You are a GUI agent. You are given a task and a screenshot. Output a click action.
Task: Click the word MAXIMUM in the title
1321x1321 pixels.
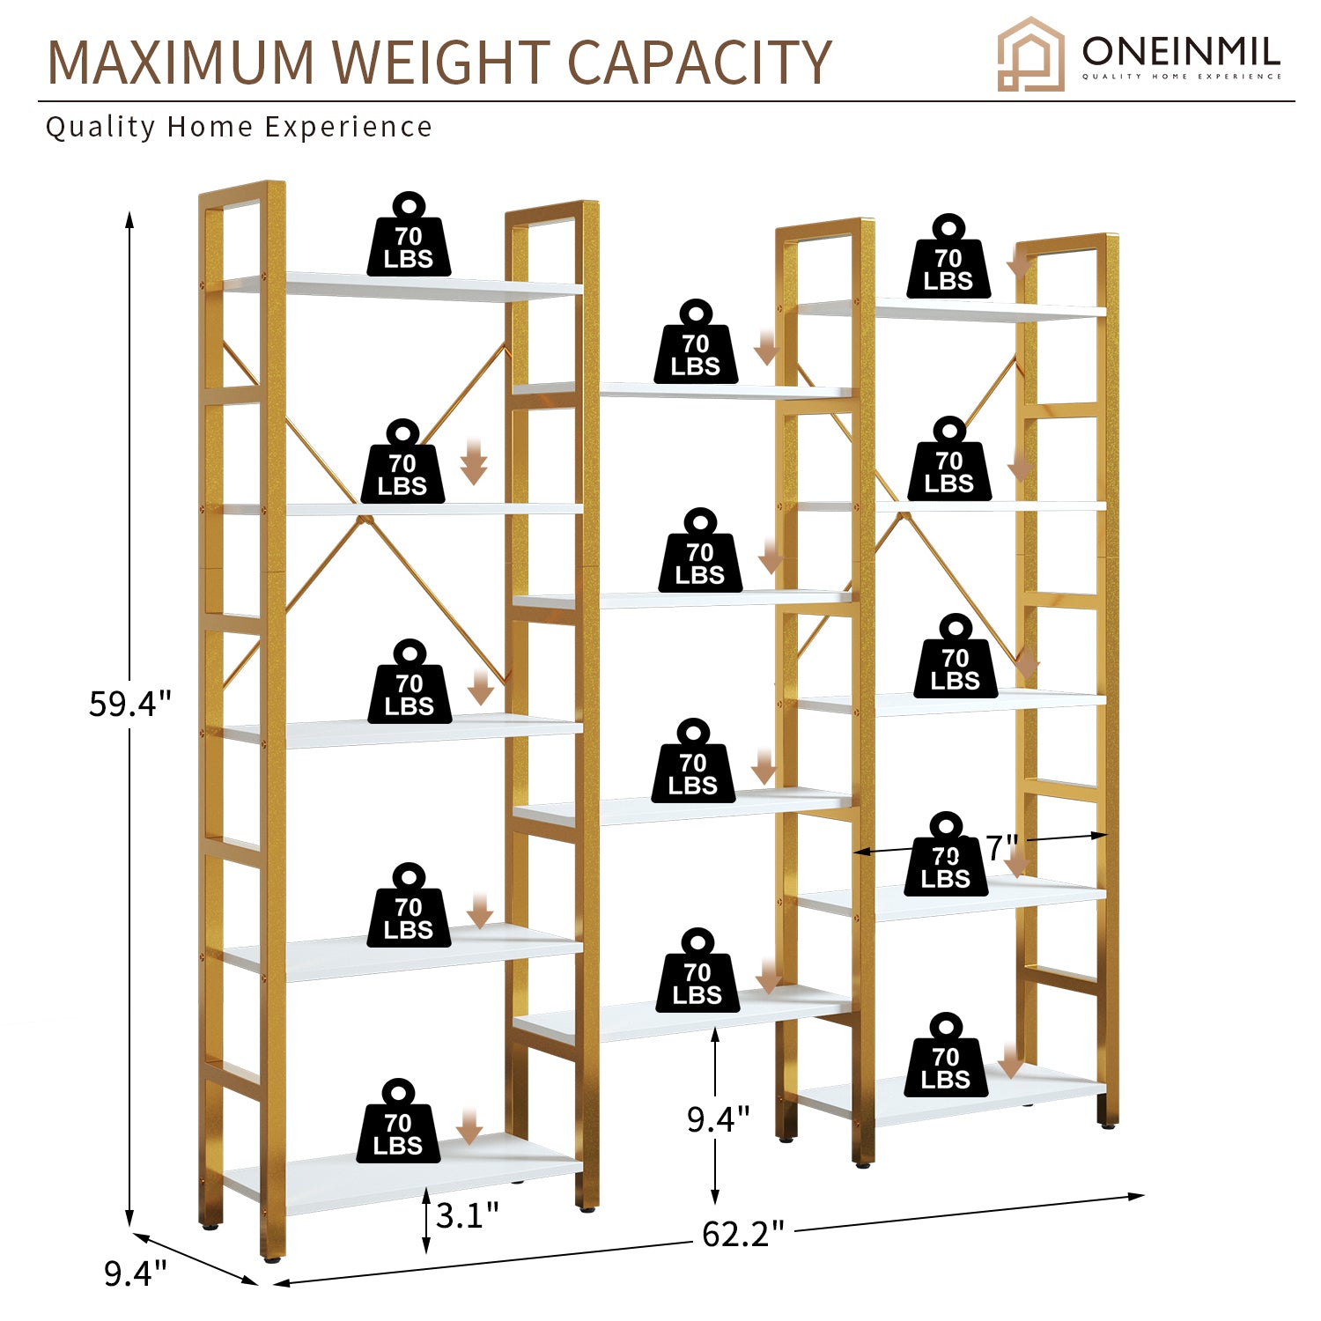(181, 63)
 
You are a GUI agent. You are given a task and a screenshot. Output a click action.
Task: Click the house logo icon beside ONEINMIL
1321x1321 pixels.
(1029, 55)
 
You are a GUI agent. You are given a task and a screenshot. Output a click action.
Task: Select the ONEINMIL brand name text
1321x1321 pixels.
(1180, 52)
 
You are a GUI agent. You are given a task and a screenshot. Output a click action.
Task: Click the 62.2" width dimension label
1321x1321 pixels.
(742, 1234)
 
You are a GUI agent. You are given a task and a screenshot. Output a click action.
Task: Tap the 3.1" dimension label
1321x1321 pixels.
(467, 1216)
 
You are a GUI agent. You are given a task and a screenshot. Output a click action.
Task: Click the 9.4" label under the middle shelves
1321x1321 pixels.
(718, 1118)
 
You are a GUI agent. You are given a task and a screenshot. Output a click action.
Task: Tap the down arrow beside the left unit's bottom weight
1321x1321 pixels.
(469, 1126)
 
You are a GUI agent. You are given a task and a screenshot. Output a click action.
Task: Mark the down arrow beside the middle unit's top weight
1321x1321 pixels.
(767, 348)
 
